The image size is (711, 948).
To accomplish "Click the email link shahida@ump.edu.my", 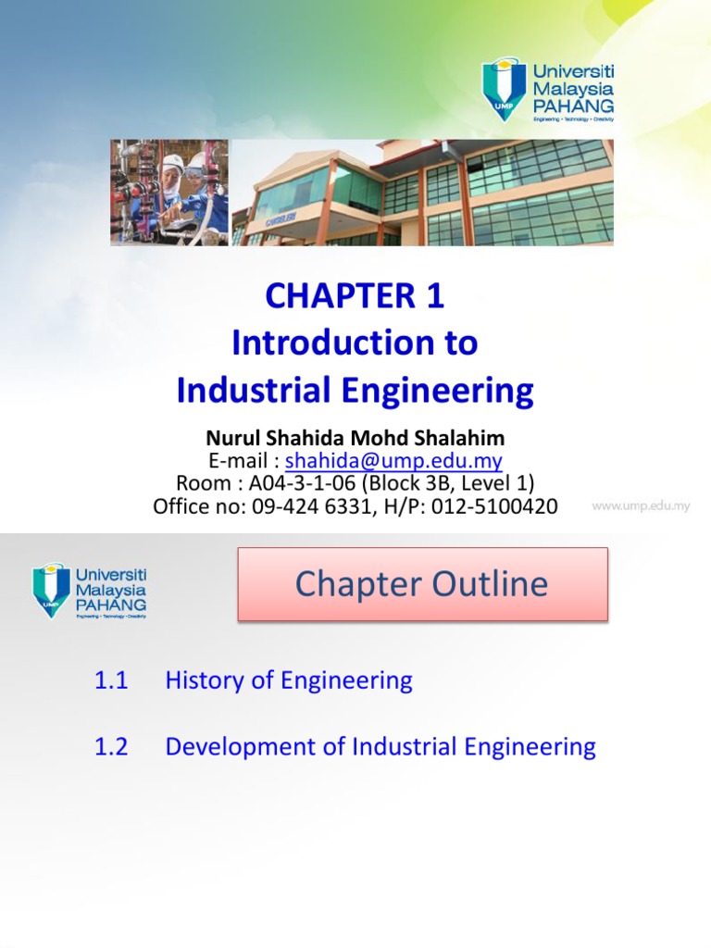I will pos(393,461).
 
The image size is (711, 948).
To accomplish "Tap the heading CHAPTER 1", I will pos(355,296).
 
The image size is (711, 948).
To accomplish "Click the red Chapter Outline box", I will pos(422,584).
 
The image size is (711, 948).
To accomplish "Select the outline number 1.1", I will pos(110,680).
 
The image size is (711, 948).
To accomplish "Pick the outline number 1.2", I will pos(110,747).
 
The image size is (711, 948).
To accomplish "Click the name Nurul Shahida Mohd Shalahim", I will pos(355,438).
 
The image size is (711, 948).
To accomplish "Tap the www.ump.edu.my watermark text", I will pos(641,506).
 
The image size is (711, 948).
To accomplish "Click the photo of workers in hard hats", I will pos(168,193).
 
